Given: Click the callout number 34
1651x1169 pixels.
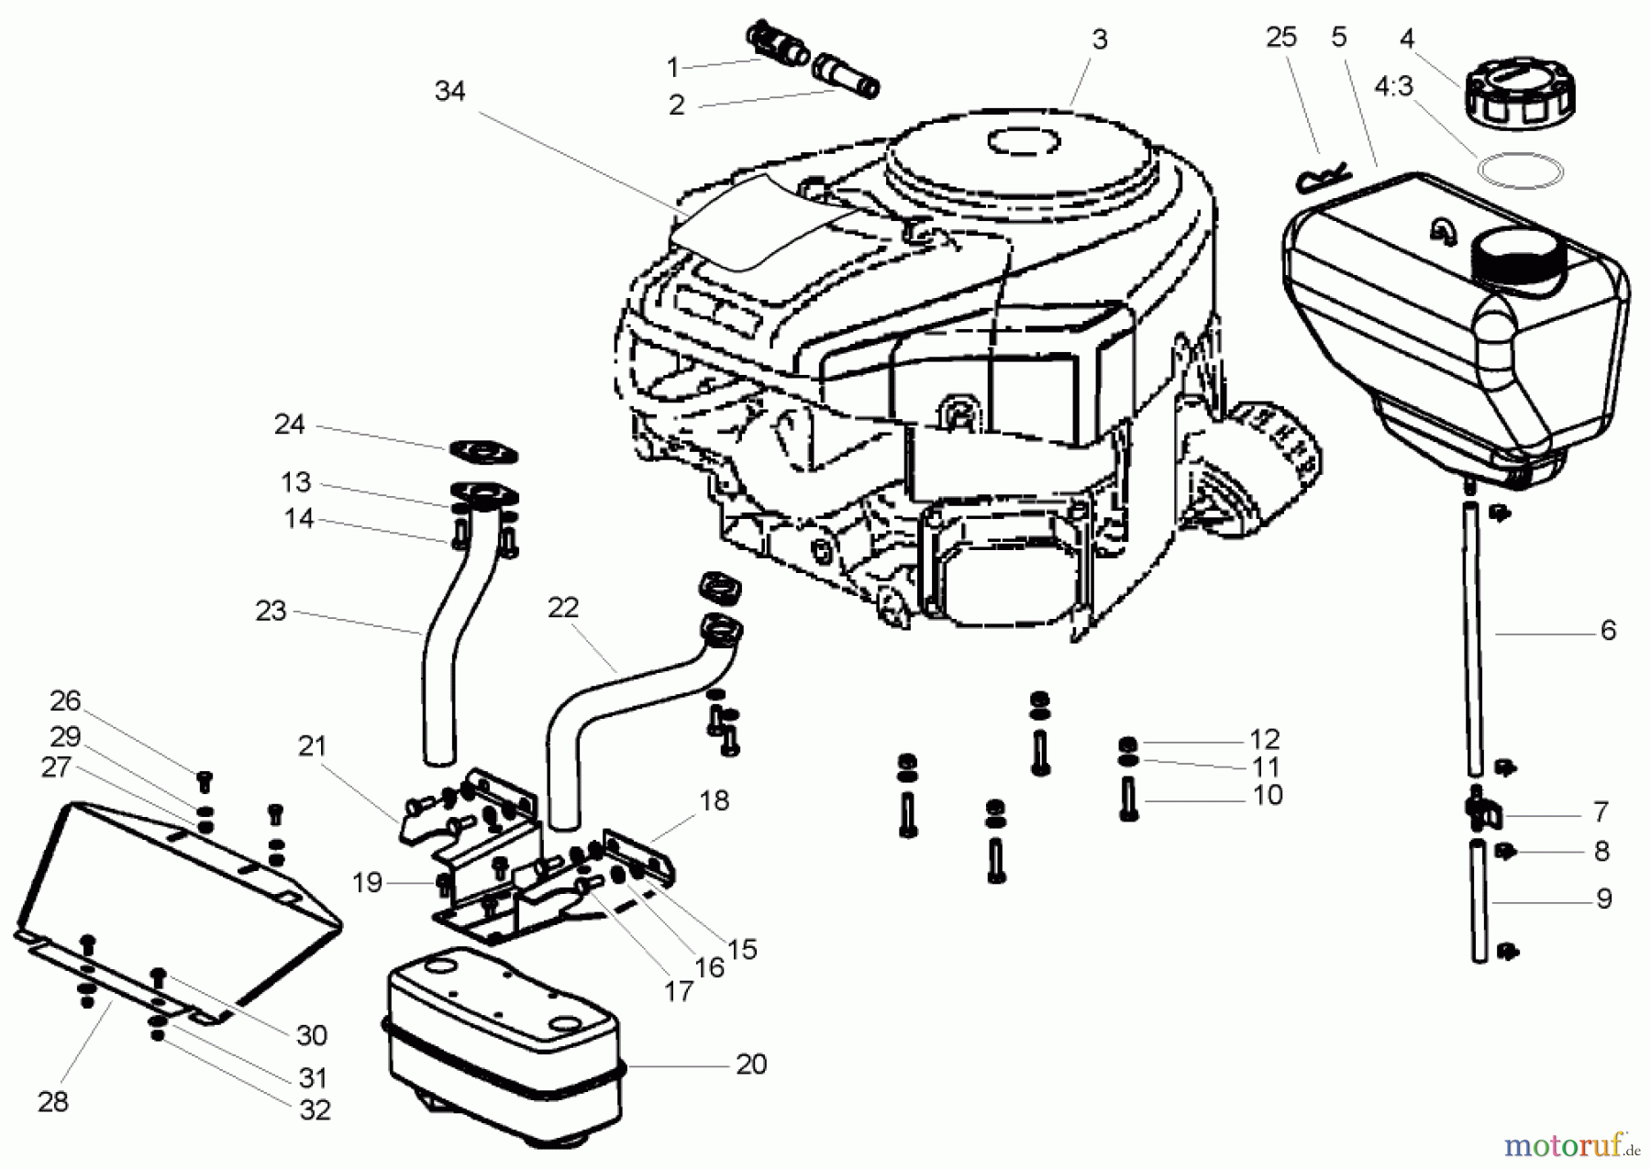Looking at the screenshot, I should pos(449,91).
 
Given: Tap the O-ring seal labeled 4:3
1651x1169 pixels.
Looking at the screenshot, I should pos(1519,171).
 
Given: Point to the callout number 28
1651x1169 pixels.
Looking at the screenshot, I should pos(53,1101).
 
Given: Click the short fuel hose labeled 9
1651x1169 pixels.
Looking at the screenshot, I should pos(1479,902).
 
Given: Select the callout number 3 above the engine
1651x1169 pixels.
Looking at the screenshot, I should pos(1099,39).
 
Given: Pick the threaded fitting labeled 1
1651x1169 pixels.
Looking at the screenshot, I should pos(779,45).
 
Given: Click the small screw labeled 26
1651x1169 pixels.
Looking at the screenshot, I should pos(205,781).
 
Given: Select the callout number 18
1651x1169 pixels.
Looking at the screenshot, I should pos(714,800).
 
